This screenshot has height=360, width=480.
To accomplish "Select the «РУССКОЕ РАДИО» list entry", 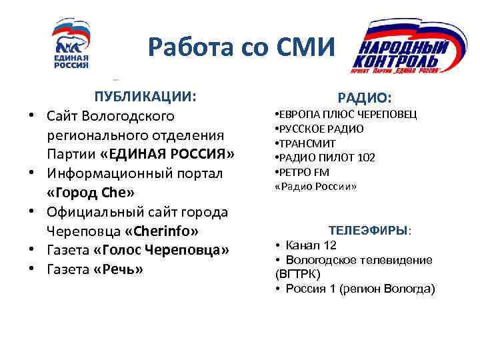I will point(321,129).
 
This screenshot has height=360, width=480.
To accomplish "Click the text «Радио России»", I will point(316,187).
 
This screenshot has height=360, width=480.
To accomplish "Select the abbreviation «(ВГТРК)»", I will point(297,274).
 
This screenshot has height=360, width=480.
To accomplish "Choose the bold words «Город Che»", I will point(91,193).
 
